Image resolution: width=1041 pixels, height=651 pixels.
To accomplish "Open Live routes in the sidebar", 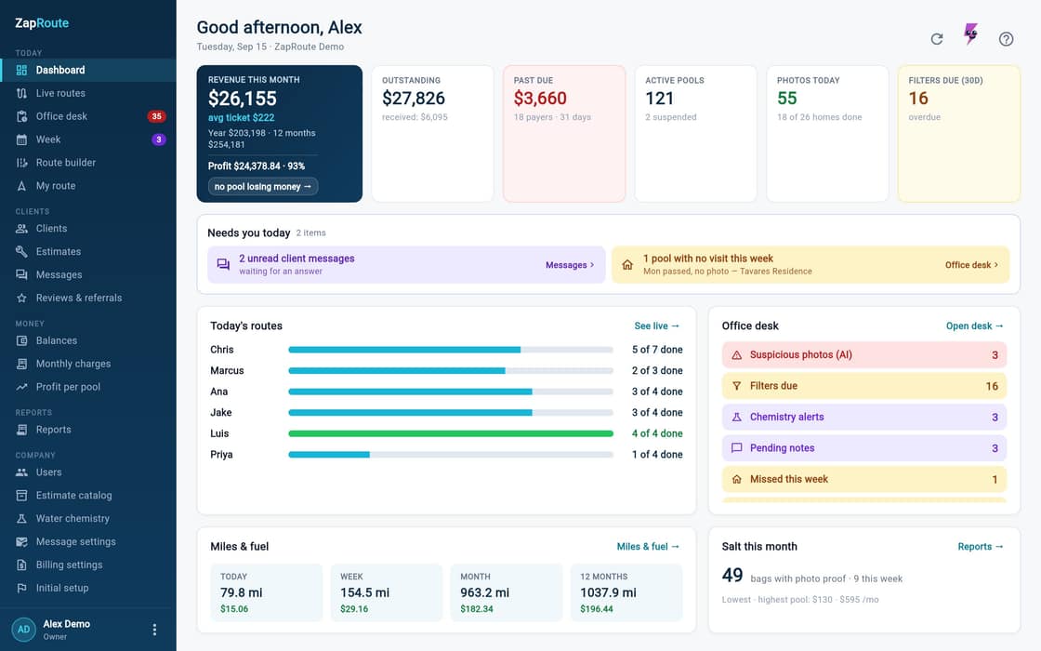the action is (x=59, y=93).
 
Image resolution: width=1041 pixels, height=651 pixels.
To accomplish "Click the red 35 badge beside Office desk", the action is (x=156, y=116).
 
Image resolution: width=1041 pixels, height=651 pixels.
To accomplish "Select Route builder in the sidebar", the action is (x=65, y=163).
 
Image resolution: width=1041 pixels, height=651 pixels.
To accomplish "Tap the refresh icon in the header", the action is (x=937, y=39).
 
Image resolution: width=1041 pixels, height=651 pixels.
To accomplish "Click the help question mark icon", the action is (x=1006, y=39).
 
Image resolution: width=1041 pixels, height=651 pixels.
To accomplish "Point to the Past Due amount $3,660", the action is (x=540, y=99).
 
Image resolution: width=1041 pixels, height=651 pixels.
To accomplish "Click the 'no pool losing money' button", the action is (x=263, y=187).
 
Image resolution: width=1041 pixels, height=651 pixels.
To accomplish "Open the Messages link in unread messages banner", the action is (x=570, y=265).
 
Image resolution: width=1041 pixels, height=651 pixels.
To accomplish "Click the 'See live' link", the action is (x=656, y=326).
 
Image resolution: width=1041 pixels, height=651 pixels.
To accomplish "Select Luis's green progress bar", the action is (x=451, y=433).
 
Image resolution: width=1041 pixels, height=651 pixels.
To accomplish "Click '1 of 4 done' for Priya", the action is (x=657, y=455).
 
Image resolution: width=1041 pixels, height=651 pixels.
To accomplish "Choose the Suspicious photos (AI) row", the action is (x=863, y=354).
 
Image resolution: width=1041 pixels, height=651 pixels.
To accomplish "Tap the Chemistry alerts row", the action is (x=863, y=418).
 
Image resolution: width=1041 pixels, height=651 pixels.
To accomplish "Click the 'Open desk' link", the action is (x=975, y=326).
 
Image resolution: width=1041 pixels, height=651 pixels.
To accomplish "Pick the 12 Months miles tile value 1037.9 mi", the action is (x=608, y=592).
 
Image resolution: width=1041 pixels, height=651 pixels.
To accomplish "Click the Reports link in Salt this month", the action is (x=981, y=547).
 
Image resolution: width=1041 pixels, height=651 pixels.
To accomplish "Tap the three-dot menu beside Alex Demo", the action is (x=154, y=629).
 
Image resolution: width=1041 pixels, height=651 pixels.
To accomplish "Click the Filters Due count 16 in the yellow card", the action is (x=918, y=99).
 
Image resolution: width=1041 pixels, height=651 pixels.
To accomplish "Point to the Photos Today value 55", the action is (x=786, y=99).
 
